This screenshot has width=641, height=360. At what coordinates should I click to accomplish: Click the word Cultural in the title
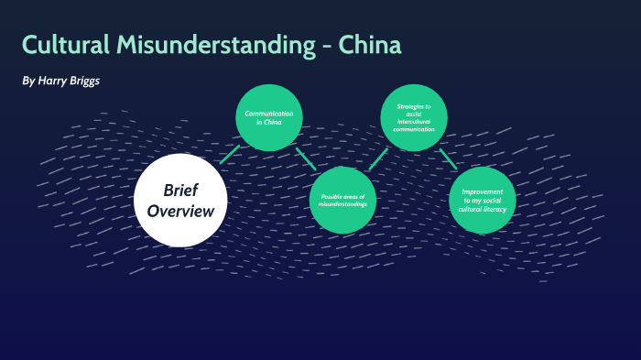[64, 45]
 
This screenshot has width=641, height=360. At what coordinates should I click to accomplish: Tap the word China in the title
[369, 45]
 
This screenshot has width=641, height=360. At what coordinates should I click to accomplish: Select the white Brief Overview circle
[180, 201]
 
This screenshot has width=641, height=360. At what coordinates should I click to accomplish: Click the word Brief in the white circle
[180, 190]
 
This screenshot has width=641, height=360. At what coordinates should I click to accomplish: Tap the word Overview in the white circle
[180, 212]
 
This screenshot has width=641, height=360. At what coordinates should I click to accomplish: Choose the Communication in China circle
[269, 116]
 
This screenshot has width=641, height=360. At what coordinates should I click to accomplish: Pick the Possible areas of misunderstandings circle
[343, 201]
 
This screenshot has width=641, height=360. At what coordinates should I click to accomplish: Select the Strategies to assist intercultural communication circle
[414, 116]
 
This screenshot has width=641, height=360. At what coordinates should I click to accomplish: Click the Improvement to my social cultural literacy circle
[483, 200]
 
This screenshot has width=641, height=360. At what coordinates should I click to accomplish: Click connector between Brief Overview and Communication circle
[229, 154]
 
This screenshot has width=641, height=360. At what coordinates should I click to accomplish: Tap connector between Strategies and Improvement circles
[448, 158]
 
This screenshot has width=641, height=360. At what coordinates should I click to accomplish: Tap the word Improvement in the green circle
[483, 191]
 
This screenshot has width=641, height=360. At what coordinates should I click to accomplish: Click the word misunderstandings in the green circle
[343, 204]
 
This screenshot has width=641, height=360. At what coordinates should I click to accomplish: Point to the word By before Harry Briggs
[28, 82]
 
